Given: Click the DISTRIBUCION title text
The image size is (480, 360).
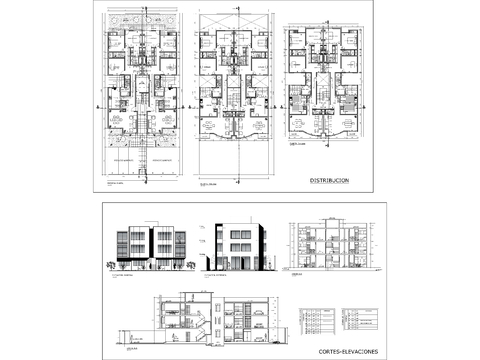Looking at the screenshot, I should pos(329,180).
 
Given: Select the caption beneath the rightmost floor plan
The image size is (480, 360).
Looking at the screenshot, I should pos(297,144).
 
